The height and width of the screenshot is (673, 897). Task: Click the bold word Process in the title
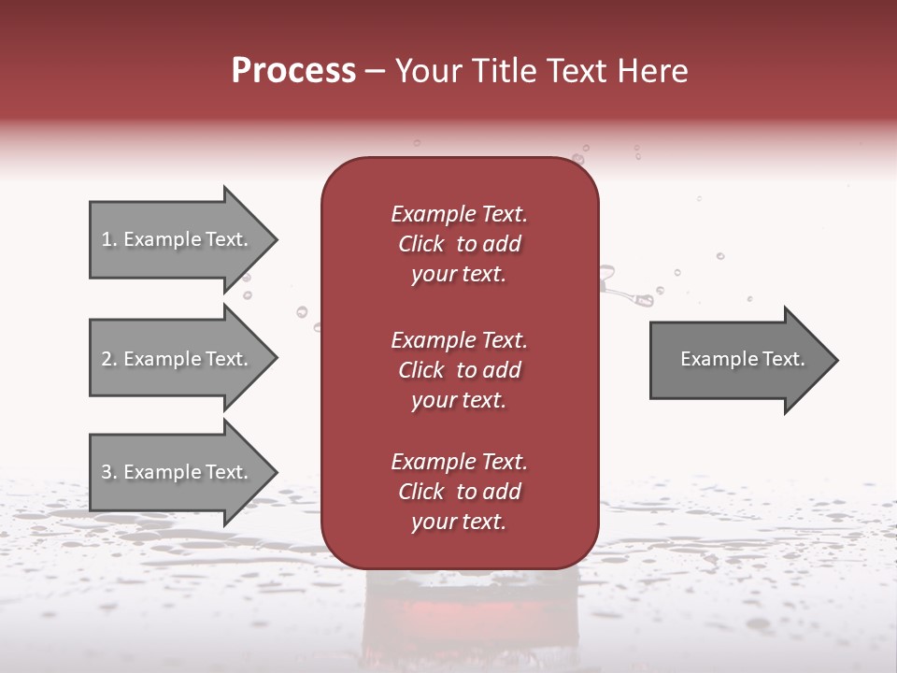click(293, 71)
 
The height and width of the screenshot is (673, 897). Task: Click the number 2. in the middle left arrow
click(109, 359)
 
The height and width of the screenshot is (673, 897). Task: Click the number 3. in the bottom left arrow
click(109, 472)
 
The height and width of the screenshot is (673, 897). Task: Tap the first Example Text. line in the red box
click(459, 214)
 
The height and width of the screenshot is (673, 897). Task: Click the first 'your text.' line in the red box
click(459, 275)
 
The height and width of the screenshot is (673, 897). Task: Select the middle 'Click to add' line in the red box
click(459, 370)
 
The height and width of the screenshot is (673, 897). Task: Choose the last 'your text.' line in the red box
click(459, 523)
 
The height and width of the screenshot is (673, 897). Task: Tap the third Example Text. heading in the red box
click(459, 462)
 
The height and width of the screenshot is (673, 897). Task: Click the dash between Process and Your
click(375, 71)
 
